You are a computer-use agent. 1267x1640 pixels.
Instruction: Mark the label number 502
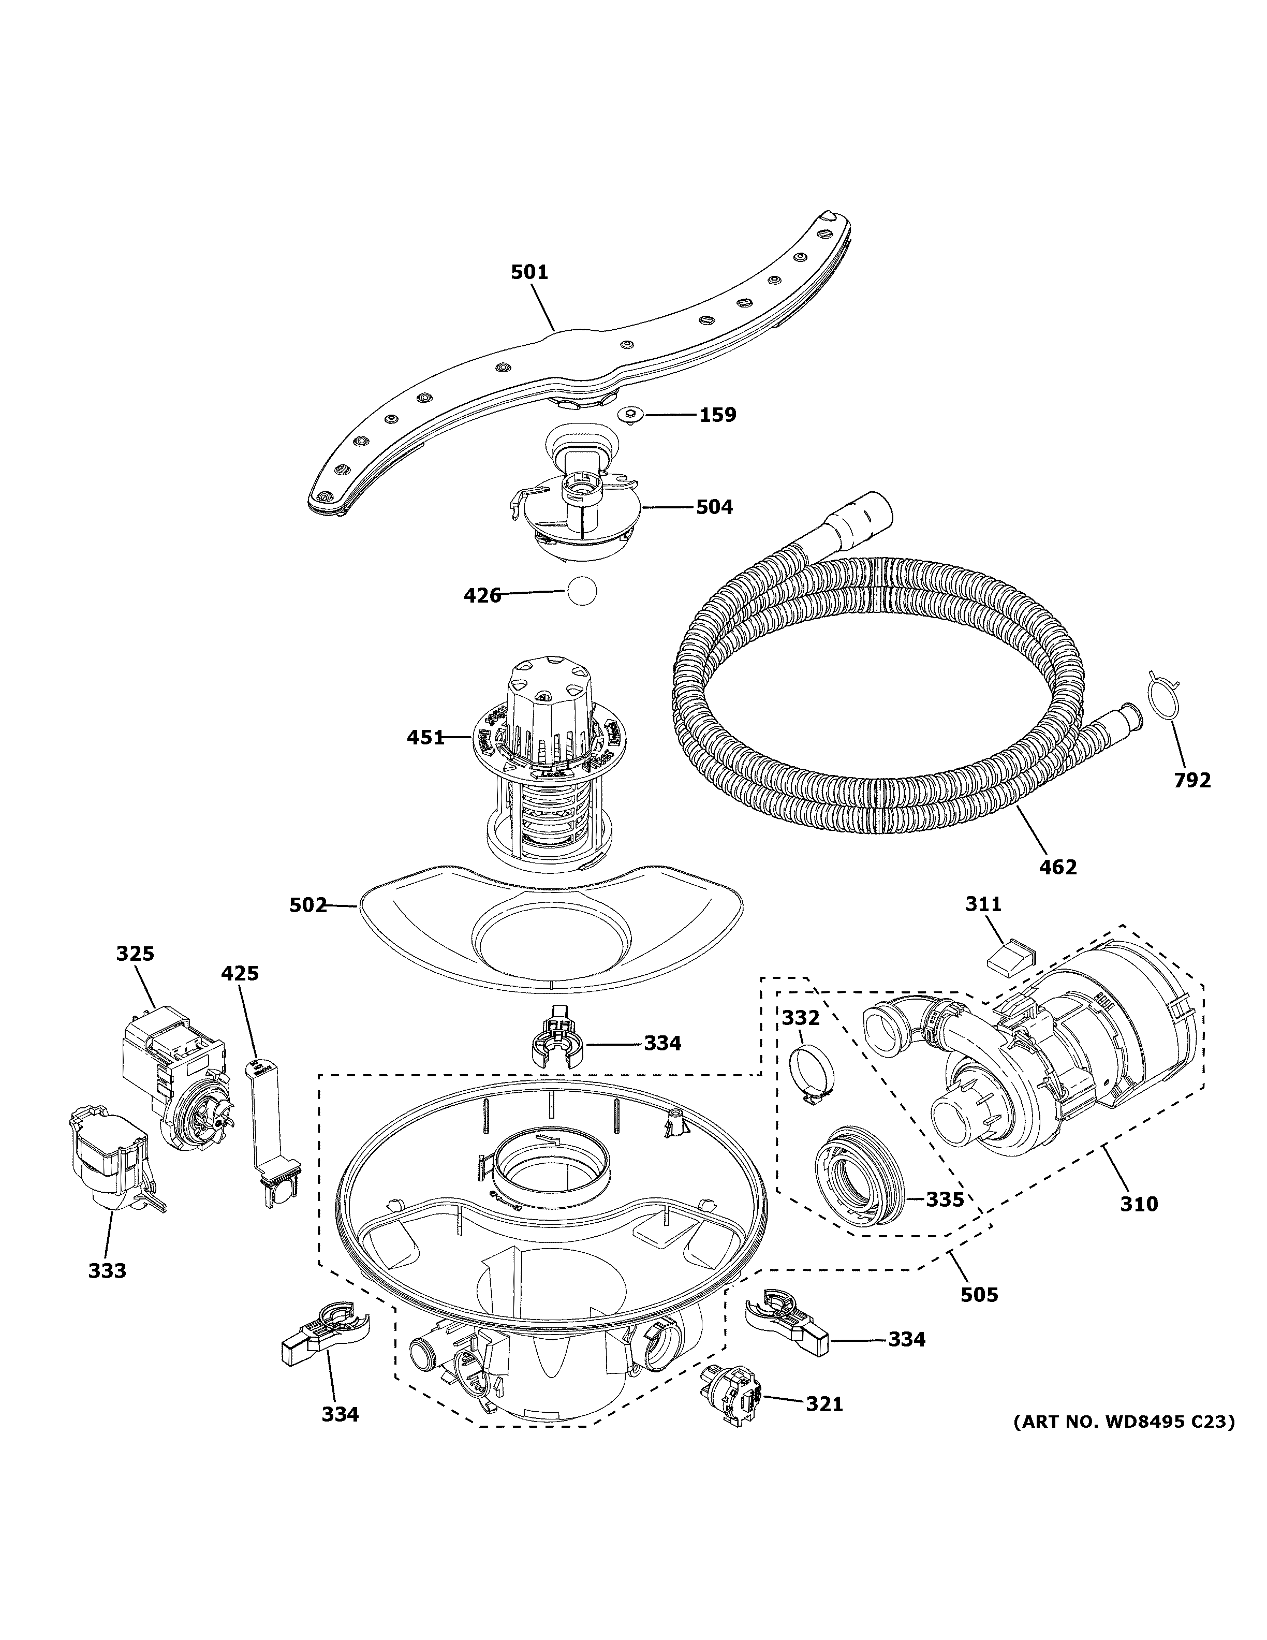(308, 905)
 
